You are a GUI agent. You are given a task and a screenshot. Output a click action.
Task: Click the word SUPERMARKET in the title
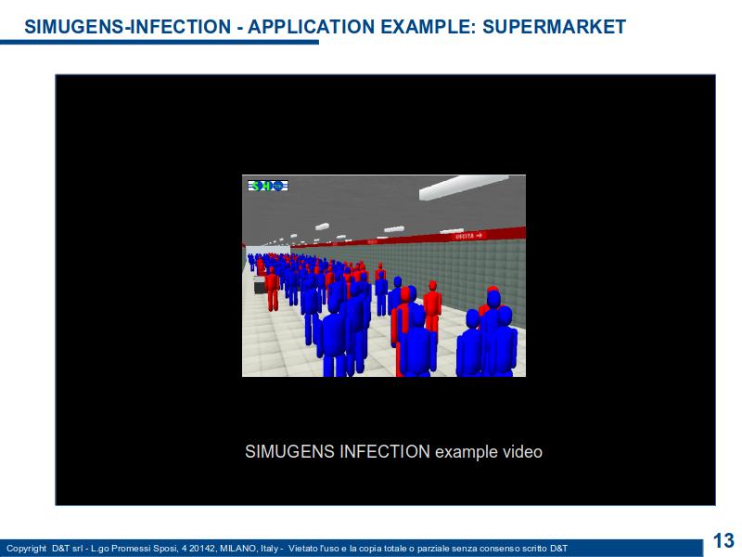point(554,27)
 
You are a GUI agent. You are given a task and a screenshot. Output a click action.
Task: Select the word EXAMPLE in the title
point(429,27)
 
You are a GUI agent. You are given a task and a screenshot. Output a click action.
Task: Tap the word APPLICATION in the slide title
point(312,27)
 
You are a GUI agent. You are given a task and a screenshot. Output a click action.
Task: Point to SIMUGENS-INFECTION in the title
point(128,27)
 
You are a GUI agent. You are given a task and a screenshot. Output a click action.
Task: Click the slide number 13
point(723,540)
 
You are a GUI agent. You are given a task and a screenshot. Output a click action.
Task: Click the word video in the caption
point(522,452)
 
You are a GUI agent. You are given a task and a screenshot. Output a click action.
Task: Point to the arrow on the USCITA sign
point(479,235)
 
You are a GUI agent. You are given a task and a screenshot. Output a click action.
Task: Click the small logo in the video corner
point(268,186)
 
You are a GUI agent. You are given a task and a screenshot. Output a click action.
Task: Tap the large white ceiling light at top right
point(463,188)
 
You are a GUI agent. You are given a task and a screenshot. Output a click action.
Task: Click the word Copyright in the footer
point(27,549)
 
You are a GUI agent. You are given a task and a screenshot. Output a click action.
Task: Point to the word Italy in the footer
point(269,549)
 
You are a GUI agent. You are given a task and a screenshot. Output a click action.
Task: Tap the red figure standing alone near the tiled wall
point(432,306)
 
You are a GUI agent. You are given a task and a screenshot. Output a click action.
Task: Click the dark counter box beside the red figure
point(260,285)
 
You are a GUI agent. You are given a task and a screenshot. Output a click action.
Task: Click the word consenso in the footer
point(505,548)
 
